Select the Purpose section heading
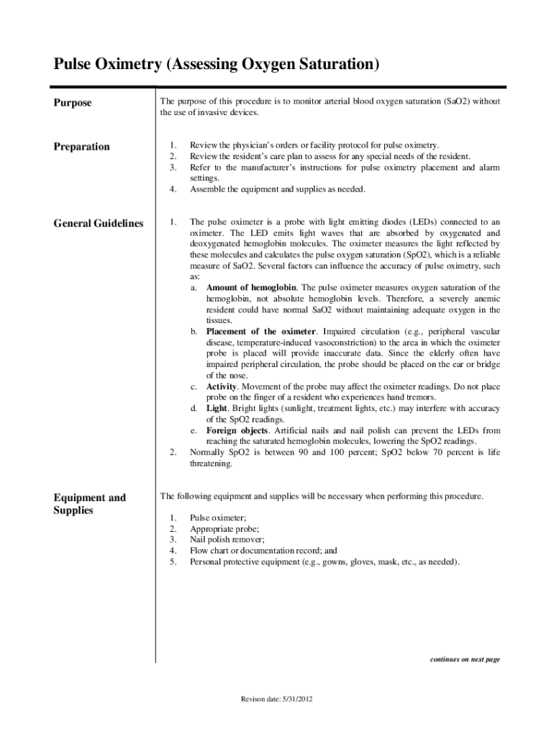pos(73,103)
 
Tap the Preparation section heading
pos(82,147)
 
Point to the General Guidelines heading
pos(99,224)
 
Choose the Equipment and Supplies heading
pos(90,504)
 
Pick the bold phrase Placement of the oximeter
pos(260,332)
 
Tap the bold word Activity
pos(222,386)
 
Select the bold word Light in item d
pos(217,409)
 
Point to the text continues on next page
pos(464,659)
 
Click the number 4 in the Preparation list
pos(172,189)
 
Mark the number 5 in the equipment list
pos(172,561)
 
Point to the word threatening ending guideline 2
pos(211,464)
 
